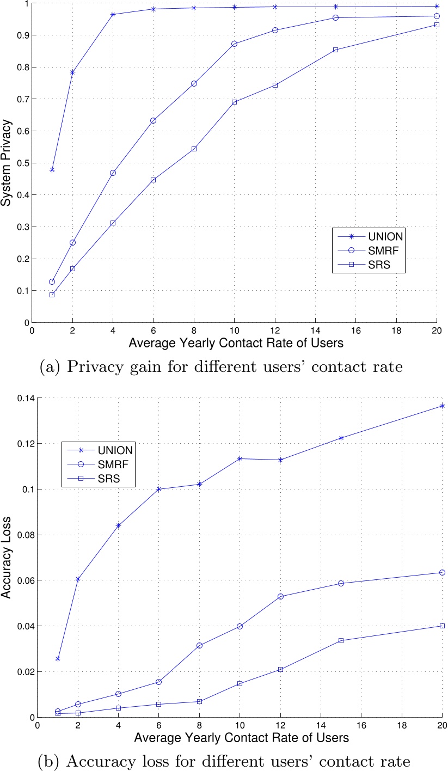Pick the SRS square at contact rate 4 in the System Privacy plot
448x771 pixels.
113,223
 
